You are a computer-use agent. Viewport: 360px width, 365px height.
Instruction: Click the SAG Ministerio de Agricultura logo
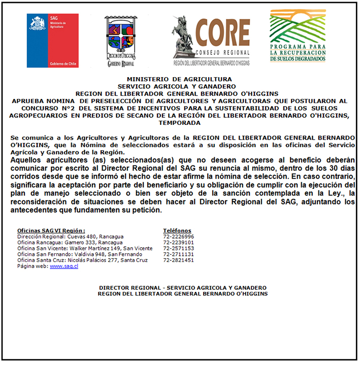coord(52,40)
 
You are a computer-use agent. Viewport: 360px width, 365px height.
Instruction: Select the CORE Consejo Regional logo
coord(211,40)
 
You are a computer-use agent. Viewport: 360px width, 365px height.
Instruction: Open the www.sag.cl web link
coord(64,266)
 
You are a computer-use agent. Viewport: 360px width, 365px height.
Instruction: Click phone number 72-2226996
coord(179,237)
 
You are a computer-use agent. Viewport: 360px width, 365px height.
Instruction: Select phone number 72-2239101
coord(179,243)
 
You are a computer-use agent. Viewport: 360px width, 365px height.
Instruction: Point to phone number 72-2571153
coord(179,248)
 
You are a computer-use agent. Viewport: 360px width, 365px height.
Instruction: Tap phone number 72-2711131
coord(179,254)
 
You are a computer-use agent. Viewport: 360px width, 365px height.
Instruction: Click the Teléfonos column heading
coord(177,230)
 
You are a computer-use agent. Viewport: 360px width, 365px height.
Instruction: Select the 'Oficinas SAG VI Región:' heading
coord(51,230)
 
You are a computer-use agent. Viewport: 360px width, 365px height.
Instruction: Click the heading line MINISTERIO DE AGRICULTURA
coord(179,79)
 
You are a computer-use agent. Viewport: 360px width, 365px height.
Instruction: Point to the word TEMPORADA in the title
coord(179,123)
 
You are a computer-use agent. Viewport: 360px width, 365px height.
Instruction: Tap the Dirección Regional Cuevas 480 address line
coord(70,237)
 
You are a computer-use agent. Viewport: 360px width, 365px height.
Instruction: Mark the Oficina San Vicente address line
coord(84,248)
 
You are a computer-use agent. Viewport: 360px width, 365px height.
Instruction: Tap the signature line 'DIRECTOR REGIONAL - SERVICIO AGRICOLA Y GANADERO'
coord(183,287)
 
